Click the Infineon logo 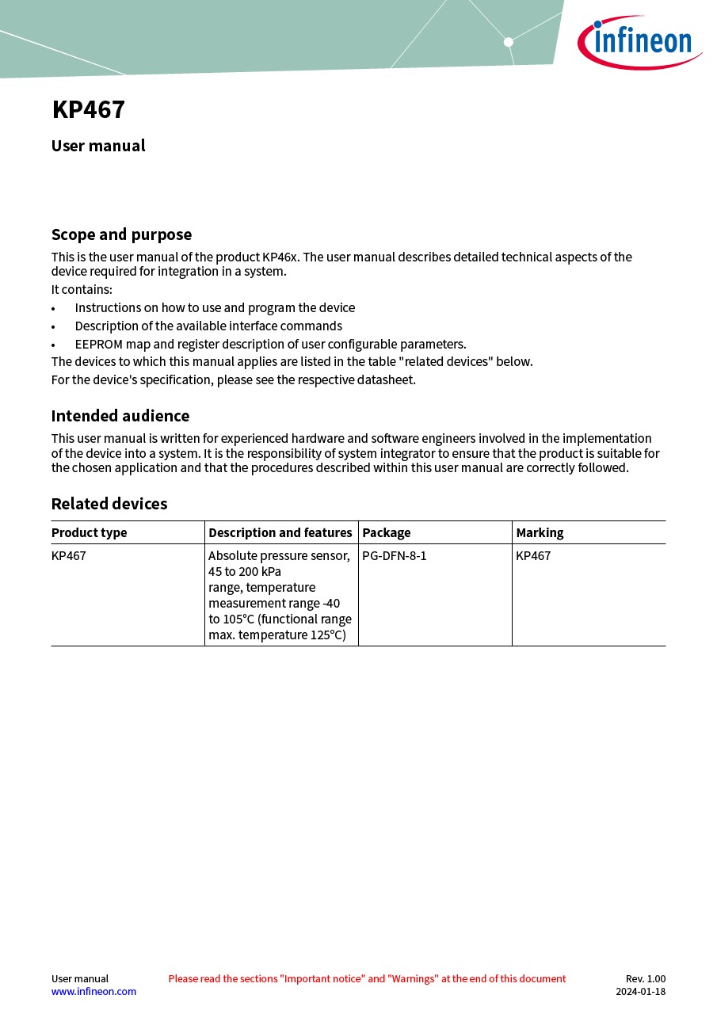pyautogui.click(x=639, y=41)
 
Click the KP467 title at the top pyautogui.click(x=89, y=110)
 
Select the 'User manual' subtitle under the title pyautogui.click(x=98, y=146)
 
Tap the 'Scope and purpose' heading pyautogui.click(x=121, y=234)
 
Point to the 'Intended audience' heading pyautogui.click(x=120, y=416)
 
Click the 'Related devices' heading pyautogui.click(x=109, y=504)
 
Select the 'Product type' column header pyautogui.click(x=90, y=532)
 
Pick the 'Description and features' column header pyautogui.click(x=280, y=532)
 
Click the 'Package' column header pyautogui.click(x=387, y=532)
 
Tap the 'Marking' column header pyautogui.click(x=540, y=532)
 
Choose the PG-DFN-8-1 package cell pyautogui.click(x=395, y=555)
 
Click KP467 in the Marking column pyautogui.click(x=533, y=555)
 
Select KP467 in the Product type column pyautogui.click(x=69, y=555)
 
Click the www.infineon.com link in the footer pyautogui.click(x=93, y=991)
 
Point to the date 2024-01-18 pyautogui.click(x=640, y=991)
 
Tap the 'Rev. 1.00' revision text pyautogui.click(x=646, y=978)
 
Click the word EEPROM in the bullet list pyautogui.click(x=99, y=344)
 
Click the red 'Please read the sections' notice pyautogui.click(x=367, y=978)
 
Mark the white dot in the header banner pyautogui.click(x=509, y=42)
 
